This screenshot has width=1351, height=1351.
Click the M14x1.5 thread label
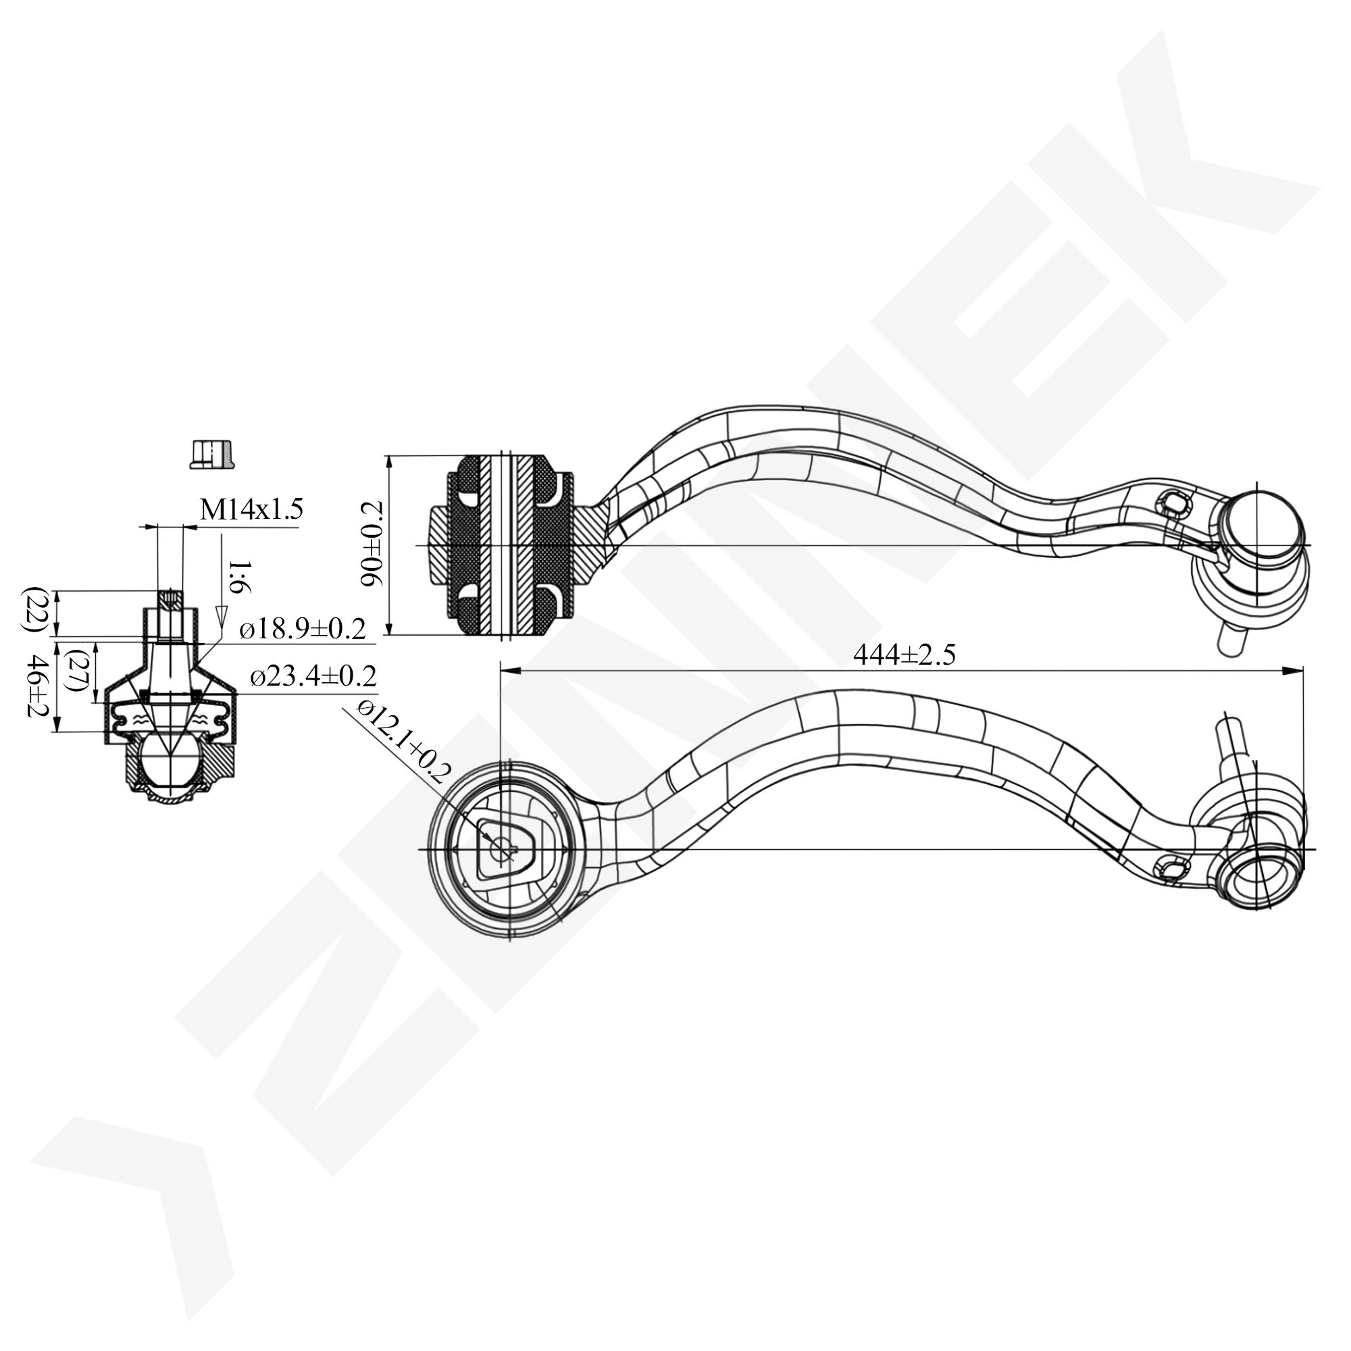point(251,510)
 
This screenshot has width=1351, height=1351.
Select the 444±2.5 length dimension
point(903,655)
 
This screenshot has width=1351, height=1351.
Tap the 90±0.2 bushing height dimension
point(372,543)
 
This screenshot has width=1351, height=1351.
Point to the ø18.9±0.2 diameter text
point(302,630)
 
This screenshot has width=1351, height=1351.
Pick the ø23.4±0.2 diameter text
point(313,675)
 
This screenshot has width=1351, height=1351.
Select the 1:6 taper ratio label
point(238,576)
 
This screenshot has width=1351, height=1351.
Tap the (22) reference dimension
point(33,610)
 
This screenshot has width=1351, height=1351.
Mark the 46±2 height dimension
point(35,685)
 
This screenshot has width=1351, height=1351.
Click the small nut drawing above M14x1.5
point(212,454)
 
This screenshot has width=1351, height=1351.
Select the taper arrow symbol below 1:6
point(222,615)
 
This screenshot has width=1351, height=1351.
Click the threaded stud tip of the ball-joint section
point(170,599)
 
